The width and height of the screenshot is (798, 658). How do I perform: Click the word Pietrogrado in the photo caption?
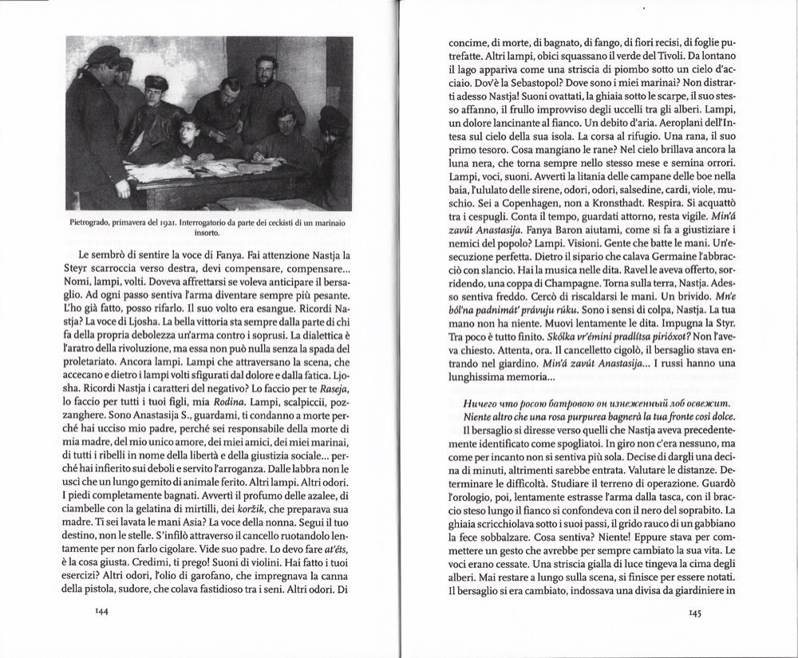[92, 225]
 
